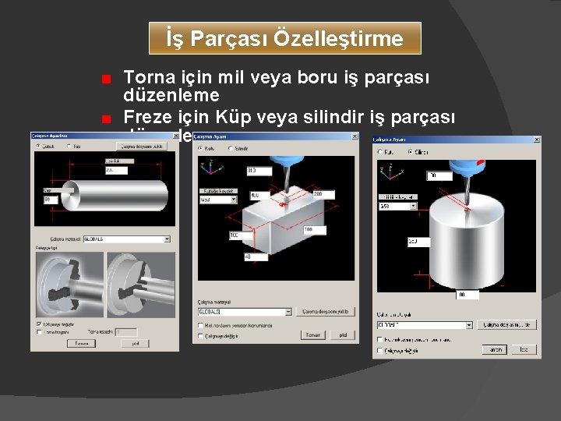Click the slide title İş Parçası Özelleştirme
click(x=284, y=38)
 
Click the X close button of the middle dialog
click(x=355, y=137)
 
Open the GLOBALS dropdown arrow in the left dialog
click(x=167, y=239)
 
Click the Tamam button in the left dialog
click(x=80, y=343)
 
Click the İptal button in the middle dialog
click(x=341, y=335)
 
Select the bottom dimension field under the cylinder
click(x=467, y=295)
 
